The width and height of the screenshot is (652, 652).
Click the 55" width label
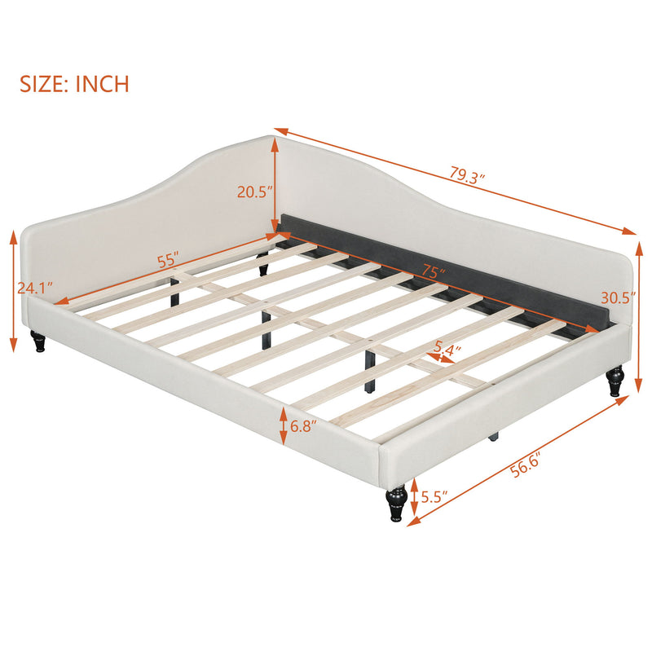coord(168,261)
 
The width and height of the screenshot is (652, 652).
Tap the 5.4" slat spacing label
coord(447,349)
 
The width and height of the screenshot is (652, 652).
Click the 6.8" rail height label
coord(304,425)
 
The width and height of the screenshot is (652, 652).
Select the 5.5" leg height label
coord(430,496)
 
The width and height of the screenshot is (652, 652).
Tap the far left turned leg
coord(38,341)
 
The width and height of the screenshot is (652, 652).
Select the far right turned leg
coord(615,381)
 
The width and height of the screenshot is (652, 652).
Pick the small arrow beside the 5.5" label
coord(414,497)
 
